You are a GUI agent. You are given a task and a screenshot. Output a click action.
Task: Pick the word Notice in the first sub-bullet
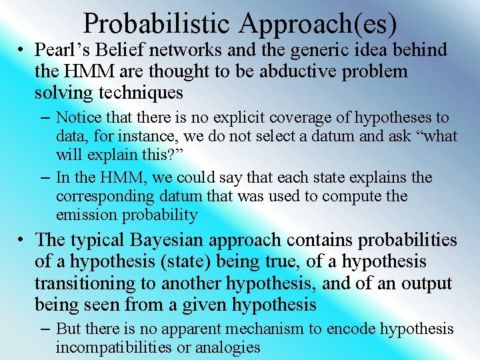(x=79, y=118)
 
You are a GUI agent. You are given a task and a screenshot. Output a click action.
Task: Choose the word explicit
(x=239, y=118)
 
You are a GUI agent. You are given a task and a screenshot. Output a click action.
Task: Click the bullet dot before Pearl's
(x=22, y=51)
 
